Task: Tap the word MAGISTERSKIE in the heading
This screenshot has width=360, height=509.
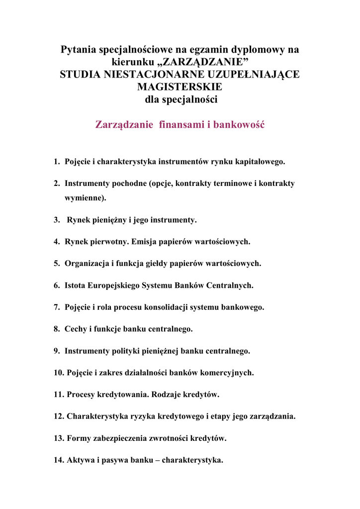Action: pyautogui.click(x=180, y=87)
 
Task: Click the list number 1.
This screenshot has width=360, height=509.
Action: pyautogui.click(x=56, y=162)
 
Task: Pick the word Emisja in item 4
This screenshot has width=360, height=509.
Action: pyautogui.click(x=145, y=242)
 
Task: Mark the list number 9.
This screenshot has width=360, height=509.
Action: pyautogui.click(x=56, y=351)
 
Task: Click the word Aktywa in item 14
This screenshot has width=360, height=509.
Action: pyautogui.click(x=80, y=460)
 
